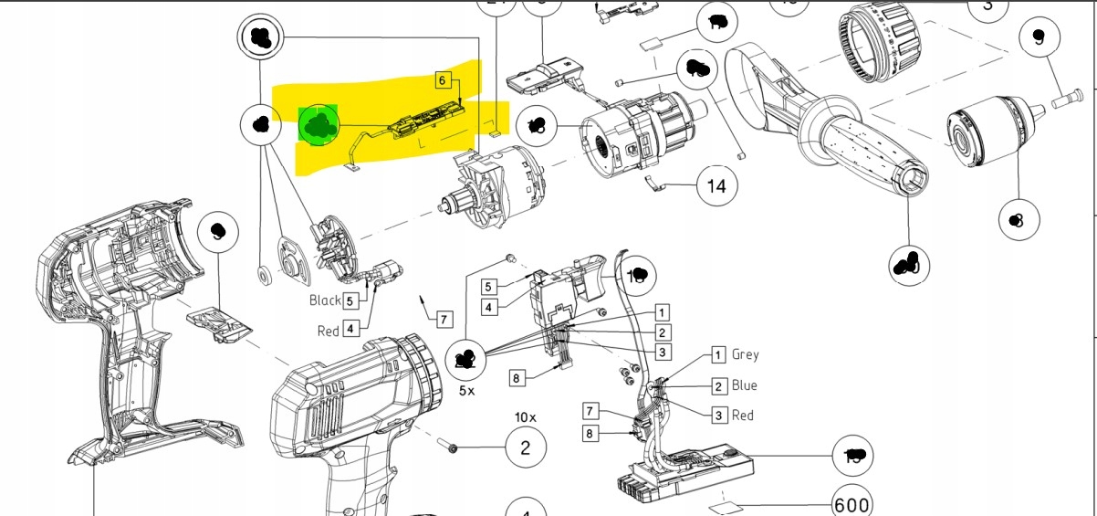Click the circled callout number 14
coord(717,187)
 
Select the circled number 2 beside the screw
coord(525,448)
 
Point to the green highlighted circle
coord(319,124)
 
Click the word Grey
coord(745,354)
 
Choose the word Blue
coord(744,385)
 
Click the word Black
coord(325,300)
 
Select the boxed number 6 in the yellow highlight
coord(443,80)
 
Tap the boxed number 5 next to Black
coord(350,300)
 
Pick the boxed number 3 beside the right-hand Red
coord(719,416)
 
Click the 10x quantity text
coord(526,416)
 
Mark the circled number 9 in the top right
coord(1038,38)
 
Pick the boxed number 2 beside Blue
coord(719,385)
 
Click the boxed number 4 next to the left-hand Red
coord(350,330)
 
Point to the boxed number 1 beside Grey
coord(719,354)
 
